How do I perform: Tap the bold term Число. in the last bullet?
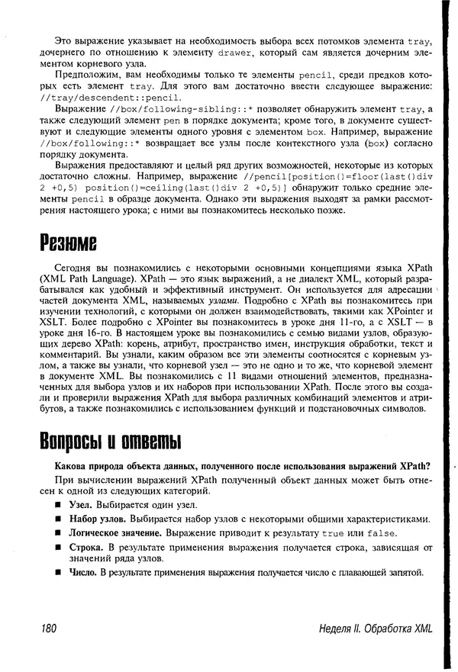pos(84,571)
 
